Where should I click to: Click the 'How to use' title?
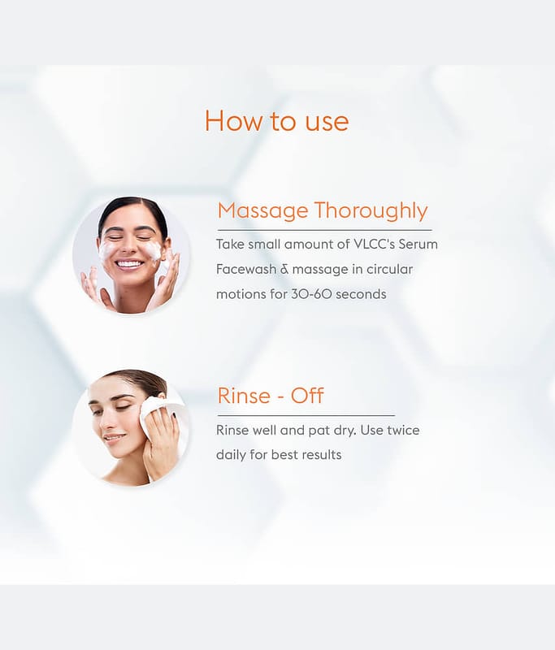coord(276,120)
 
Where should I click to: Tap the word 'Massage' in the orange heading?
coord(262,211)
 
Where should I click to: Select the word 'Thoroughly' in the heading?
coord(371,210)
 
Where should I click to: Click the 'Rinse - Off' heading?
coord(271,396)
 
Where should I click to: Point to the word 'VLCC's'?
coord(374,245)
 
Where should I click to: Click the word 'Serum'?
coord(418,245)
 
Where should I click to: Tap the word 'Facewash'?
coord(246,269)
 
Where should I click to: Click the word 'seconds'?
coord(361,294)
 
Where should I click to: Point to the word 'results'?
coord(322,455)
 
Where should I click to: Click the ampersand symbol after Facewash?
coord(284,269)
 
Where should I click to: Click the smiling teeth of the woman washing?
coord(128,263)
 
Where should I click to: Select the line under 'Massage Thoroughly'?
coord(324,230)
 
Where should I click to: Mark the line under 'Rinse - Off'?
coord(306,414)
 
